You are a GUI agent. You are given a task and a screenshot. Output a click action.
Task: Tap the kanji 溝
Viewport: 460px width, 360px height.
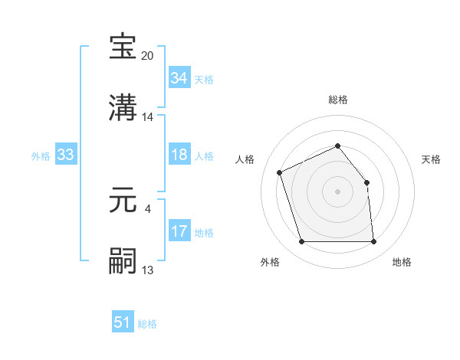click(123, 107)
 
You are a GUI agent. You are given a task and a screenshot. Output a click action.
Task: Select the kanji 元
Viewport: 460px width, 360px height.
click(123, 201)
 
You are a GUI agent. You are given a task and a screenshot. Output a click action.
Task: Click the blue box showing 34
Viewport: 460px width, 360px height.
click(179, 77)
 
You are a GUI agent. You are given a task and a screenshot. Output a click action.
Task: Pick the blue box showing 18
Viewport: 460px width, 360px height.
click(179, 155)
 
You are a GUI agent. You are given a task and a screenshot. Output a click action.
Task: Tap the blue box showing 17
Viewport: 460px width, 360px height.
click(179, 231)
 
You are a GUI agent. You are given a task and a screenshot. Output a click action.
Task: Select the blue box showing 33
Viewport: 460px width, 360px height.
click(65, 155)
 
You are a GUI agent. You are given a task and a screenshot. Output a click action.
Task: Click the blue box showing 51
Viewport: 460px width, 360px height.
click(123, 322)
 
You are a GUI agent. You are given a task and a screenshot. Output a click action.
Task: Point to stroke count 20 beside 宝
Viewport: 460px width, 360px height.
click(148, 56)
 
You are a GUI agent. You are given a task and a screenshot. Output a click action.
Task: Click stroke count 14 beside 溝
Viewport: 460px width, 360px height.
click(148, 117)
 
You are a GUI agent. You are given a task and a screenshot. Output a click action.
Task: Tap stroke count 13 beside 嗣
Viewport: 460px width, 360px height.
click(148, 270)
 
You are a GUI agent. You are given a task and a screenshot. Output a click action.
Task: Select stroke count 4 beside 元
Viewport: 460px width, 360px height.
click(148, 207)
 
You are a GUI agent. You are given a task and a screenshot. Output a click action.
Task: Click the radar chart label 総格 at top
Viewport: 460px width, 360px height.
click(338, 100)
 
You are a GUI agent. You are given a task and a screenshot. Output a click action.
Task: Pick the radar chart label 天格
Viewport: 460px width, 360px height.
click(432, 159)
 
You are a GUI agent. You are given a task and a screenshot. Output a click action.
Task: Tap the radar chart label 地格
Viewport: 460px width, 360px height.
click(402, 262)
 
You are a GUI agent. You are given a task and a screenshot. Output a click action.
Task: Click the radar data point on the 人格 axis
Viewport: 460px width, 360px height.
click(280, 172)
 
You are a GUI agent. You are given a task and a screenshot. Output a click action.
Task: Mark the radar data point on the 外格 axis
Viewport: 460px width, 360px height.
click(301, 242)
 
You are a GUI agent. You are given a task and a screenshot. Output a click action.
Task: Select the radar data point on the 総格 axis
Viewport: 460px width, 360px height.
click(338, 146)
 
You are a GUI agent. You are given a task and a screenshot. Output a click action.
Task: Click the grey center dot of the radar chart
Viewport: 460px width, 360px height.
click(338, 191)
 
